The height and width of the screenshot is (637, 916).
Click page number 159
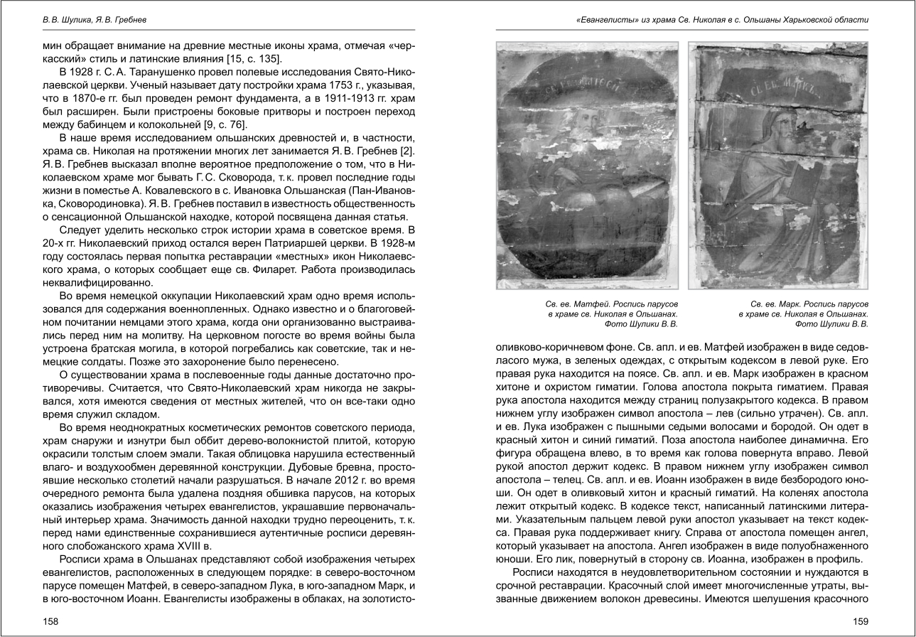tap(860, 621)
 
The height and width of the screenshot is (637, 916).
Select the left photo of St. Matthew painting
tap(587, 165)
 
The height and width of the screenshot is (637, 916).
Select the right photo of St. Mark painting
tap(778, 165)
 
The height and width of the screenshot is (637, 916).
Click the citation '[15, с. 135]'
tap(257, 58)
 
